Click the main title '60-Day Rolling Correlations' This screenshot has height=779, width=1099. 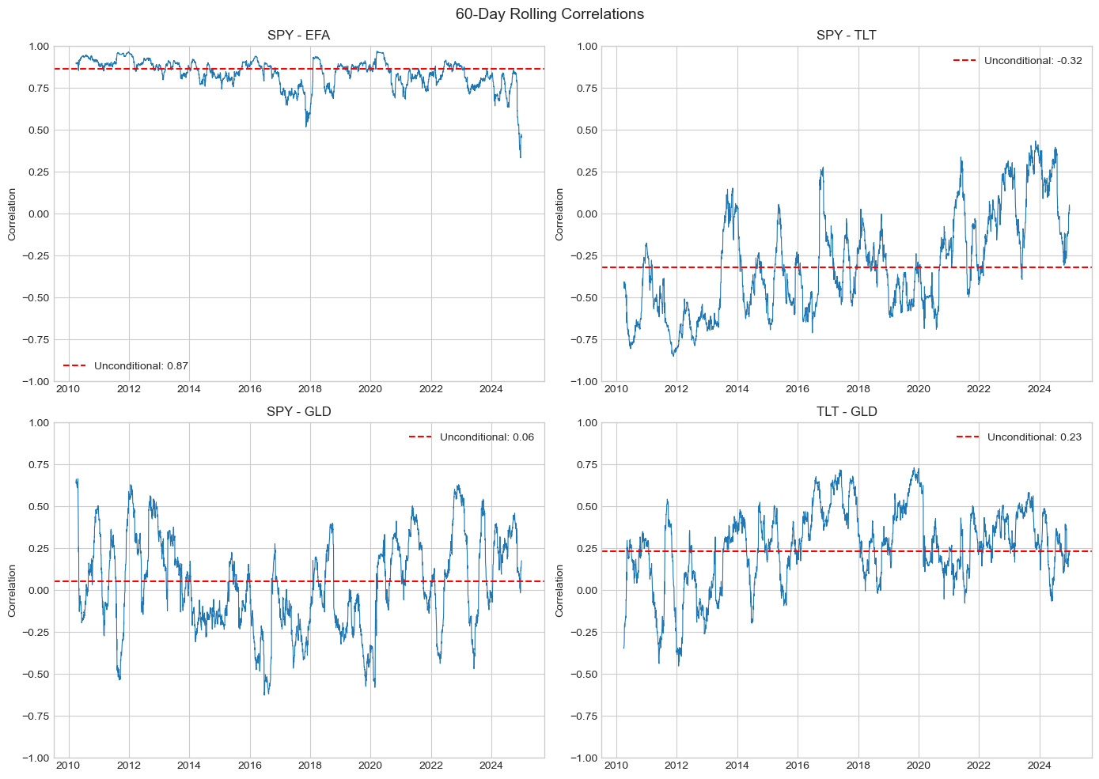(549, 14)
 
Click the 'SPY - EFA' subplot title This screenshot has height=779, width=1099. (298, 36)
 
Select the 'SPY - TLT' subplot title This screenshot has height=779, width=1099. (846, 36)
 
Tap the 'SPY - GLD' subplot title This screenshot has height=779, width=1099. (298, 412)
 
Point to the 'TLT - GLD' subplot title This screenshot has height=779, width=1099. (846, 412)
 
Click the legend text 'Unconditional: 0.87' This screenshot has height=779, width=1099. (141, 366)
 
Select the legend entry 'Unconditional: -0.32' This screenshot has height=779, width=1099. (1033, 61)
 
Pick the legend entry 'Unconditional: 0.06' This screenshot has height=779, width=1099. (487, 437)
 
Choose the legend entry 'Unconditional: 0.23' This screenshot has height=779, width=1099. (1034, 437)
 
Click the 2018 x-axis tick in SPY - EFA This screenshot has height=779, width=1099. (309, 389)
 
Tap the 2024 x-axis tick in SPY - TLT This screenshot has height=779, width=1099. (1039, 389)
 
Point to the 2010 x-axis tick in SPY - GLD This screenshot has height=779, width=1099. (68, 766)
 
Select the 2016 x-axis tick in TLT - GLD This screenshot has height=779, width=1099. (797, 766)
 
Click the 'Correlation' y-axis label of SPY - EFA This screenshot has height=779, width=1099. (12, 214)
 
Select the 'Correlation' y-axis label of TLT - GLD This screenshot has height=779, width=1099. (559, 591)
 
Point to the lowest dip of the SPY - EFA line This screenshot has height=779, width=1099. (520, 157)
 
